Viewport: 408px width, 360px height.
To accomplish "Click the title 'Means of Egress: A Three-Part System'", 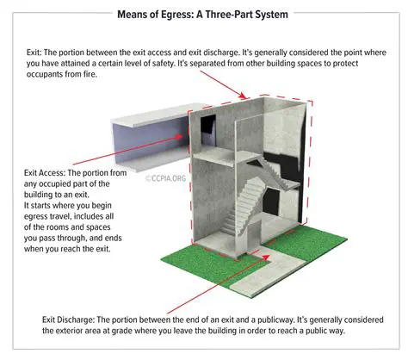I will coord(204,15).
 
